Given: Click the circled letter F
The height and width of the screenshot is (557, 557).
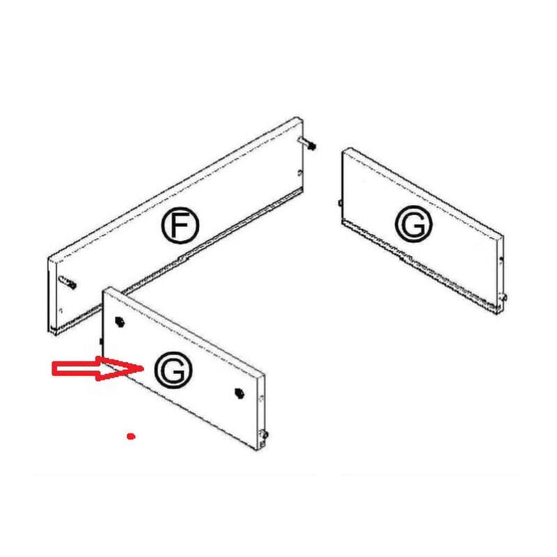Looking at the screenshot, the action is pos(180,225).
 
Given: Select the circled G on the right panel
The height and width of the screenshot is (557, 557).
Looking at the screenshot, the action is pos(414,223).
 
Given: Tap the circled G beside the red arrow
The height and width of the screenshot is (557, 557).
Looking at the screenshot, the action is pos(173,370).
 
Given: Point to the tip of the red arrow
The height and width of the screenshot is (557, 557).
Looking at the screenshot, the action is pos(143,368).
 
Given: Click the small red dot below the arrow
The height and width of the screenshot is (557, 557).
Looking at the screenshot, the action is pos(131,436).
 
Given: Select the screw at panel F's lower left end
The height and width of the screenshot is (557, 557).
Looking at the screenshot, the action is pos(68,282).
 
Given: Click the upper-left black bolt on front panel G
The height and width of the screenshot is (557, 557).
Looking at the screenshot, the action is pos(120,322).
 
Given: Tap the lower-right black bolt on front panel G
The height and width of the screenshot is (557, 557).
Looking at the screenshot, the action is pos(240,393).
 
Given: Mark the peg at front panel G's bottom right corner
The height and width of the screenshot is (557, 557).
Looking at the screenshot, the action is pos(265,434).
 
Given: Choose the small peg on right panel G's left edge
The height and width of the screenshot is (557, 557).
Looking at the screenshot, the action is pos(340,203).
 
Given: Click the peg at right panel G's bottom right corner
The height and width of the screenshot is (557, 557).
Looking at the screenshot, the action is pos(503,297).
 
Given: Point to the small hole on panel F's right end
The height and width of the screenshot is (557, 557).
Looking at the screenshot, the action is pos(299,173).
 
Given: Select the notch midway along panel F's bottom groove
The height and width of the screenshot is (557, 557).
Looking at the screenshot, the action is pos(182,258).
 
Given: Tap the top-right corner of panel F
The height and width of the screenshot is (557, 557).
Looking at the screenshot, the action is pos(298,118).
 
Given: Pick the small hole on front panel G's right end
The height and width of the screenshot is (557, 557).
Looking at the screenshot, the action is pos(262,398).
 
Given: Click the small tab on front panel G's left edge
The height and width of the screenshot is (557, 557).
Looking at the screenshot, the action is pos(101,341).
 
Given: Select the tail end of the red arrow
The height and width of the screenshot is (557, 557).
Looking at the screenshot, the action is pos(54,368).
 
